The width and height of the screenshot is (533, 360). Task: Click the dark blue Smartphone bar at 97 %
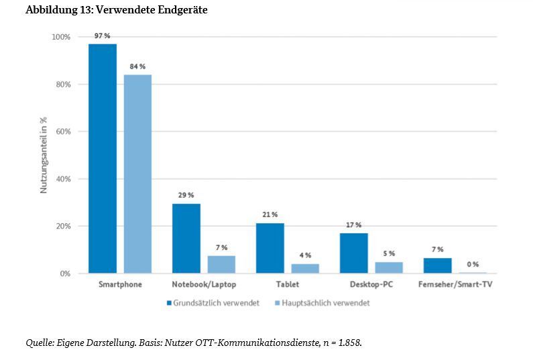pyautogui.click(x=103, y=158)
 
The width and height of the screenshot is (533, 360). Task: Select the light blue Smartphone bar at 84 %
pyautogui.click(x=137, y=174)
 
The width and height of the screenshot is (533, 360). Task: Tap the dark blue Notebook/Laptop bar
pyautogui.click(x=186, y=238)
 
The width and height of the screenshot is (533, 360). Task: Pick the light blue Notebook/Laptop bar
pyautogui.click(x=221, y=264)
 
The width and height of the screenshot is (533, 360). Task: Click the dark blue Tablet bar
pyautogui.click(x=270, y=248)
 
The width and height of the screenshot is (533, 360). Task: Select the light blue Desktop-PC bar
pyautogui.click(x=389, y=267)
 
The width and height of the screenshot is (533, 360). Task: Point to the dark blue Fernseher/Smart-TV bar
pyautogui.click(x=437, y=265)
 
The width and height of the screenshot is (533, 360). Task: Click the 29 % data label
pyautogui.click(x=186, y=195)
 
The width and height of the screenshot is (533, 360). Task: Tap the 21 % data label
pyautogui.click(x=270, y=214)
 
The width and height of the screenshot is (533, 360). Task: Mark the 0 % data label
pyautogui.click(x=473, y=264)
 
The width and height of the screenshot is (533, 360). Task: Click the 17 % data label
pyautogui.click(x=353, y=225)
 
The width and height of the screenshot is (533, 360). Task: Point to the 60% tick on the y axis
pyautogui.click(x=61, y=131)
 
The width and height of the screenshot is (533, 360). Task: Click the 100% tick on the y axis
pyautogui.click(x=60, y=37)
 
